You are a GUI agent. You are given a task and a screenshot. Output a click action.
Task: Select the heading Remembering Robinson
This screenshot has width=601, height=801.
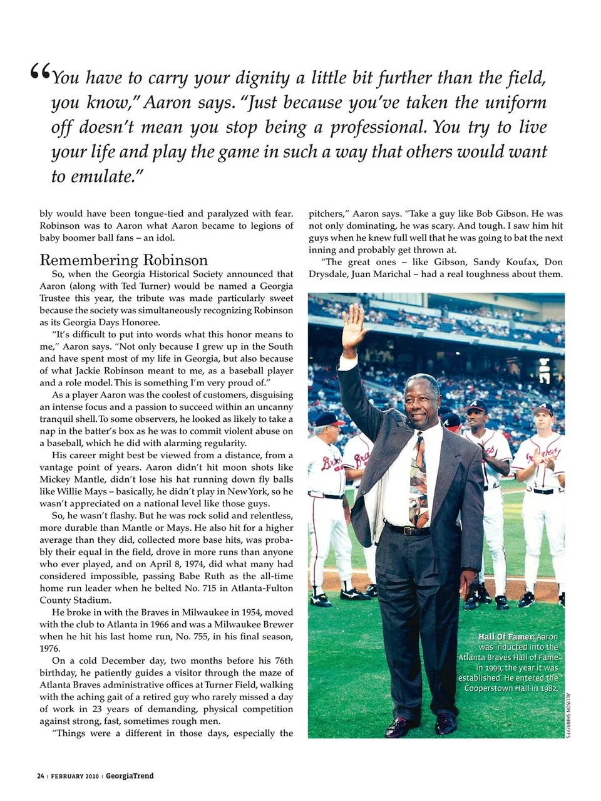click(123, 259)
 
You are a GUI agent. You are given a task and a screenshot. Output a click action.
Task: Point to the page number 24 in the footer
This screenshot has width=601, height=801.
click(40, 776)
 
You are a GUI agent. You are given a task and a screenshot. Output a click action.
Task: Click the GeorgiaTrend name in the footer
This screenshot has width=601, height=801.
click(130, 776)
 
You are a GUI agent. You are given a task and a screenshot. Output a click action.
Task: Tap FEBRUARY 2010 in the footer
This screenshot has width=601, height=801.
click(74, 776)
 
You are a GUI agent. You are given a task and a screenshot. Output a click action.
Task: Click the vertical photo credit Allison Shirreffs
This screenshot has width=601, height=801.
click(568, 715)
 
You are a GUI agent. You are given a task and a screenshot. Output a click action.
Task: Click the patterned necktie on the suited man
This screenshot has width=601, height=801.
click(419, 479)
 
